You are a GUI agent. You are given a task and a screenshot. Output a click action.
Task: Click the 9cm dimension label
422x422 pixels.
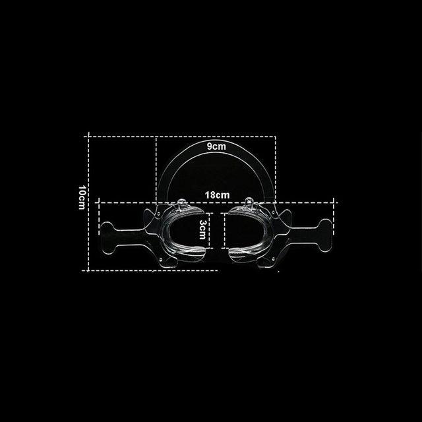click(x=216, y=146)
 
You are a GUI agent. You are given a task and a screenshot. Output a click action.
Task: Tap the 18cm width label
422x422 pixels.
click(x=217, y=195)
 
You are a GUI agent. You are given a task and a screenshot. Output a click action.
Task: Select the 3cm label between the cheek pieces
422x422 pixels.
click(x=202, y=229)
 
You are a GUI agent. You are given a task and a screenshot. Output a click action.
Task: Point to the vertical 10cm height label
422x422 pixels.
click(x=82, y=197)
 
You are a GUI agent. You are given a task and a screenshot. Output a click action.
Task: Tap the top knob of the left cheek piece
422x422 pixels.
click(x=181, y=202)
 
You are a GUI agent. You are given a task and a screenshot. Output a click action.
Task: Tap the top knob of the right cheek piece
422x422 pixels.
click(x=249, y=200)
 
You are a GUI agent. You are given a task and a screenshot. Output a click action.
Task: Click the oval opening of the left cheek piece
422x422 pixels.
click(x=185, y=231)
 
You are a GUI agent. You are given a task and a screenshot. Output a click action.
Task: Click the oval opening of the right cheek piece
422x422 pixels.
click(x=245, y=230)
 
